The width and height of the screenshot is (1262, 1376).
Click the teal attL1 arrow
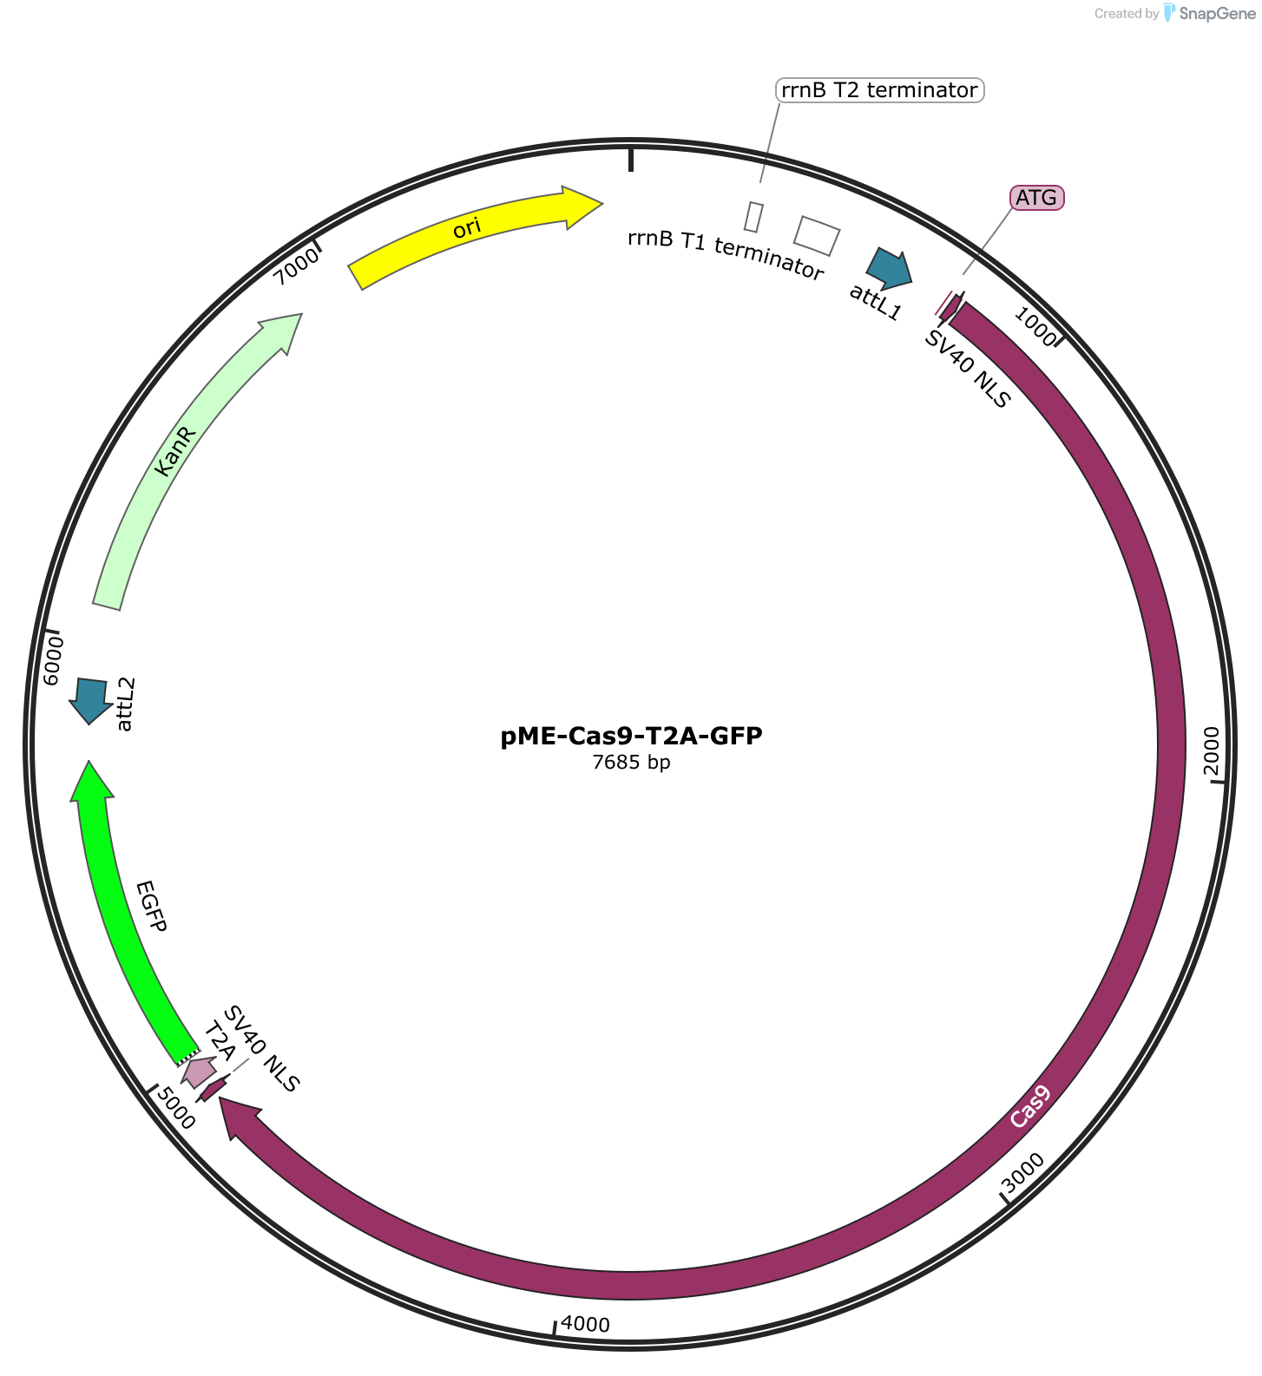pyautogui.click(x=890, y=268)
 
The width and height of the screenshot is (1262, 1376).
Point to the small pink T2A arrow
pyautogui.click(x=199, y=1072)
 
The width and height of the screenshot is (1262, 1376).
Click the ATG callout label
pyautogui.click(x=1037, y=198)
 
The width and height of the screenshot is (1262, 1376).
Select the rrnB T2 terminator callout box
pyautogui.click(x=879, y=90)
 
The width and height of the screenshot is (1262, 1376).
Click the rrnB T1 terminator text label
pyautogui.click(x=726, y=255)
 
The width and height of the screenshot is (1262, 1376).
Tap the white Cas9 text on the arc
pyautogui.click(x=1030, y=1106)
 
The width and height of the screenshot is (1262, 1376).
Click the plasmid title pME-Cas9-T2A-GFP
pyautogui.click(x=631, y=737)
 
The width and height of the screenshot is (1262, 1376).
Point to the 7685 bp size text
pyautogui.click(x=631, y=763)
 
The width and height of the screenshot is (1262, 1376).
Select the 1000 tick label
pyautogui.click(x=1035, y=329)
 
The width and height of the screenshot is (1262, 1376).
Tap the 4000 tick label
pyautogui.click(x=586, y=1324)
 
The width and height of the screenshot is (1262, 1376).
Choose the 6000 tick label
pyautogui.click(x=54, y=660)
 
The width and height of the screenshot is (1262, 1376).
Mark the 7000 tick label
pyautogui.click(x=296, y=265)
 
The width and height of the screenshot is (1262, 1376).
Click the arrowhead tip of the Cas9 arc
pyautogui.click(x=220, y=1098)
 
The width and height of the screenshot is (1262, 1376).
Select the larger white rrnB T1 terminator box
pyautogui.click(x=818, y=236)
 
